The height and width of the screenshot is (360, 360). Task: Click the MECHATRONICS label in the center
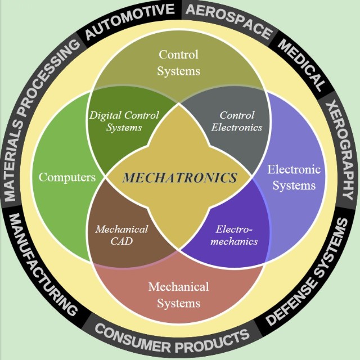tap(180, 178)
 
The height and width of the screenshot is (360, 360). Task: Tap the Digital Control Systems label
tap(123, 121)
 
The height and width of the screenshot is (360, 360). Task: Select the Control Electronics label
tap(237, 121)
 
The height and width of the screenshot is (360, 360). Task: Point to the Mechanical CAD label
tap(121, 235)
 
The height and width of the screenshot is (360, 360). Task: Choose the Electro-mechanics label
tap(237, 235)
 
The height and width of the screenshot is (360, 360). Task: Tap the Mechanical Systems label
tap(178, 295)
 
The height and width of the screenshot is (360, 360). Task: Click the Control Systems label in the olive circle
tap(178, 63)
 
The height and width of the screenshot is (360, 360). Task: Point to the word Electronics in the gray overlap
tap(237, 128)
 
